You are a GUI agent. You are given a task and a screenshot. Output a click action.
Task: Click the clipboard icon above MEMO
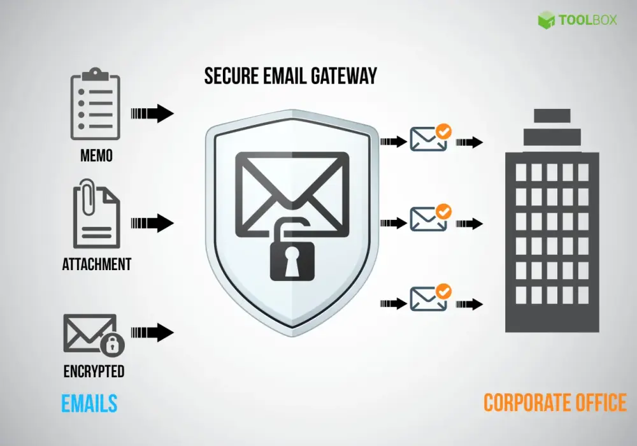point(96,104)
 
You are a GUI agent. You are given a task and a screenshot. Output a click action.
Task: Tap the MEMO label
point(96,155)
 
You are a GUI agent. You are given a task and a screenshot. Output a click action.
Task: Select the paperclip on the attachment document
point(88,198)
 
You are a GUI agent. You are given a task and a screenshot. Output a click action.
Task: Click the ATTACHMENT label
point(97,264)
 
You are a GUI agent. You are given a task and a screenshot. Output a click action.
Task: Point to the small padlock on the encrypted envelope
point(112,344)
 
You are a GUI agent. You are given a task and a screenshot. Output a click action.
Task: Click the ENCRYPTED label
point(94,371)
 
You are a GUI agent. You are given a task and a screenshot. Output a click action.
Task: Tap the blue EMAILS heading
point(89,403)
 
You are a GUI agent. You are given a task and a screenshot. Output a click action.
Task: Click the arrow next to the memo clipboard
point(152,113)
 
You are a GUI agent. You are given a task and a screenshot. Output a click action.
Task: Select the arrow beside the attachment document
point(152,223)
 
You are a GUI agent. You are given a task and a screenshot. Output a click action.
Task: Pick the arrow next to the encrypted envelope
point(152,333)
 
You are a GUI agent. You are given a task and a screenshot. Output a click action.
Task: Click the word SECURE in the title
point(232,76)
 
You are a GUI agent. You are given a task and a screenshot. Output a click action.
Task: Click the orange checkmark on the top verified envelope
point(443,132)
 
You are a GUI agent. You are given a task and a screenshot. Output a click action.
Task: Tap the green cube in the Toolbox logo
point(547,20)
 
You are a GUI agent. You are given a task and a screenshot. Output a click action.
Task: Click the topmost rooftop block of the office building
point(552,115)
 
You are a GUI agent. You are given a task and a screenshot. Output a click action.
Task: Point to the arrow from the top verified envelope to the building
point(469,142)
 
